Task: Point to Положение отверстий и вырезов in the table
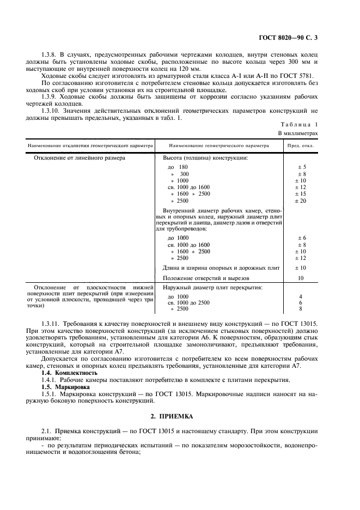(206, 277)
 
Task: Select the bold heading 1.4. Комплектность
(69, 373)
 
